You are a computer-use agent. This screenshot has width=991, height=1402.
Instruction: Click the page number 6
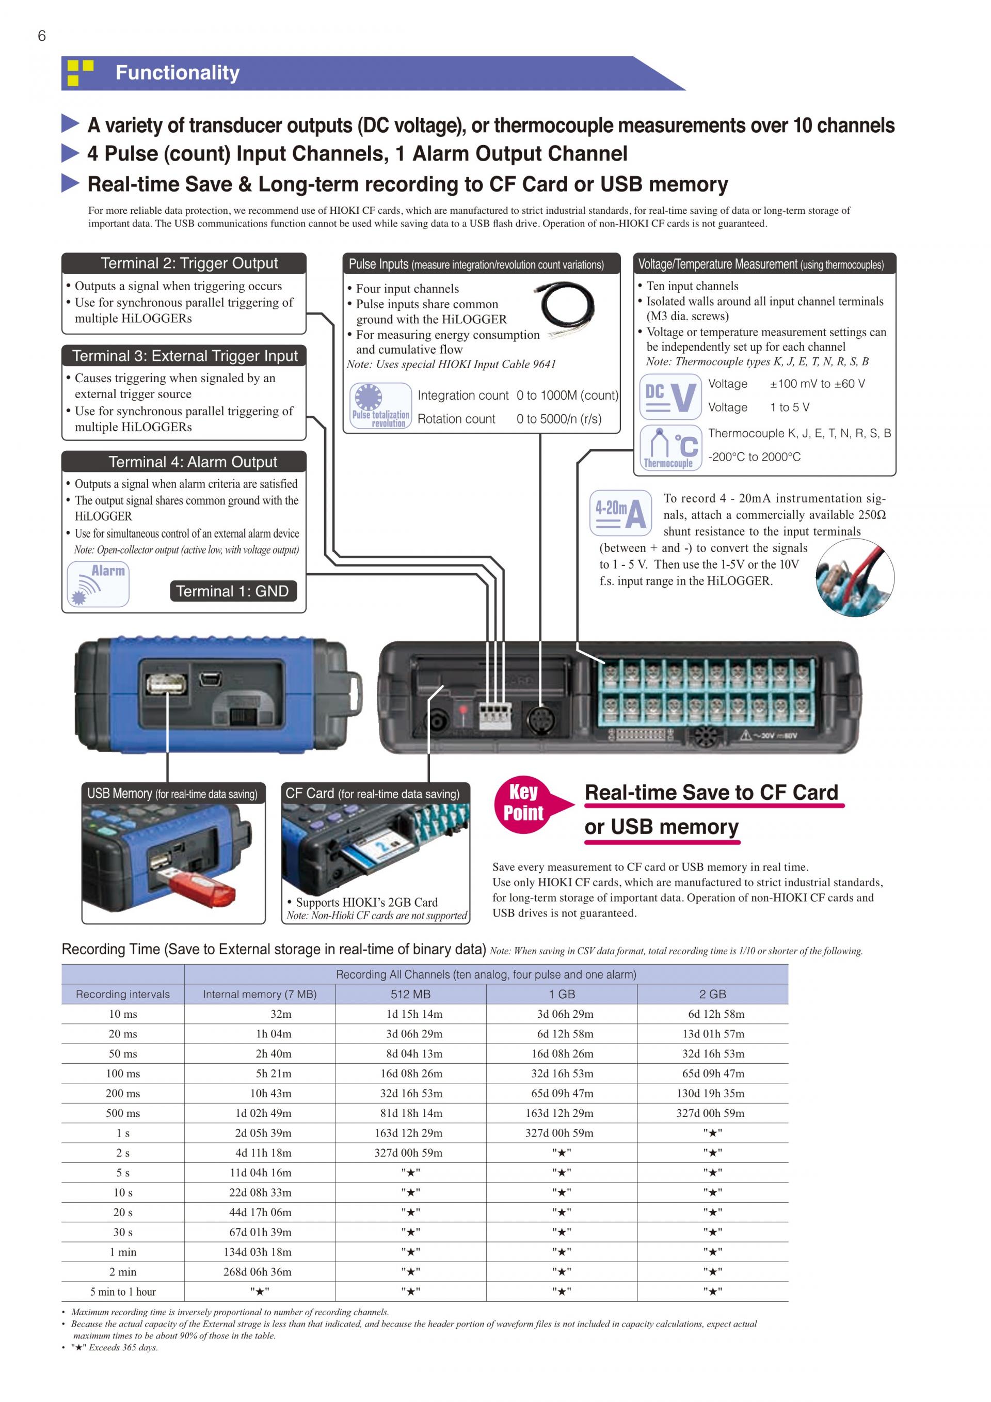pyautogui.click(x=41, y=36)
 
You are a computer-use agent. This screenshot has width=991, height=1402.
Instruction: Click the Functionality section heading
pyautogui.click(x=177, y=73)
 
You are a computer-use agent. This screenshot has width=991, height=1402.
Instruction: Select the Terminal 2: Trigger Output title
pyautogui.click(x=189, y=263)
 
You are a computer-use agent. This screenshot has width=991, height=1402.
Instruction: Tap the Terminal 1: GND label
pyautogui.click(x=232, y=591)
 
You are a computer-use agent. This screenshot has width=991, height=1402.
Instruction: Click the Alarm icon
pyautogui.click(x=98, y=584)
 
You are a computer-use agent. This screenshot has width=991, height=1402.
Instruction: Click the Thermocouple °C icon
pyautogui.click(x=670, y=447)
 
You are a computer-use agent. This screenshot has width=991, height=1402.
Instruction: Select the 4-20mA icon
pyautogui.click(x=620, y=513)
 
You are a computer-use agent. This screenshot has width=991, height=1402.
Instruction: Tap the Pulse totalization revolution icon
pyautogui.click(x=381, y=406)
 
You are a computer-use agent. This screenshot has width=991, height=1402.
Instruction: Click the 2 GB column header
pyautogui.click(x=712, y=994)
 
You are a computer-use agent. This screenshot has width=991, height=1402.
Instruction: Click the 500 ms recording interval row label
pyautogui.click(x=123, y=1113)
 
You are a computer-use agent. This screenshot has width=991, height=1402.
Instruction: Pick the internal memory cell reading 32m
pyautogui.click(x=281, y=1014)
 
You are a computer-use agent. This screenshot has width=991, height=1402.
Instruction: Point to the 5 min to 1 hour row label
pyautogui.click(x=123, y=1291)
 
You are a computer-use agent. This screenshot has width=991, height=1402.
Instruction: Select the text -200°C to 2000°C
pyautogui.click(x=754, y=457)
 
